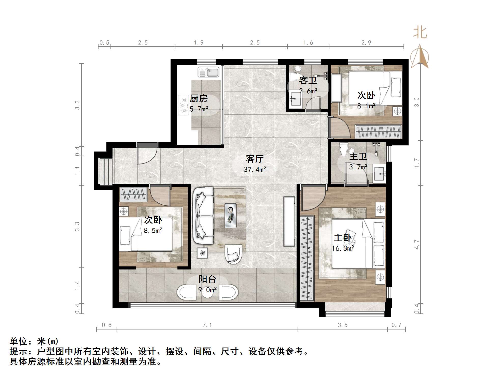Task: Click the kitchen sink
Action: tap(208, 72)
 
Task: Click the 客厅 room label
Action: tap(255, 159)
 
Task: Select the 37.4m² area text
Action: tap(255, 169)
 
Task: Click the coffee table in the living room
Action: tap(230, 215)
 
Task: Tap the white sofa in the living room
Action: tap(203, 216)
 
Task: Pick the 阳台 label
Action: tap(207, 279)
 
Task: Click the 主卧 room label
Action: tap(343, 238)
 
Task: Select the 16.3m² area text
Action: tap(343, 248)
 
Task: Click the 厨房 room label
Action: tap(199, 98)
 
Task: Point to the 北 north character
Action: tap(420, 33)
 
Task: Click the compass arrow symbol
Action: tap(420, 56)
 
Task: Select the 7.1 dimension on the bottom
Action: tap(207, 325)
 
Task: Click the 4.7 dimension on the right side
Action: tap(416, 244)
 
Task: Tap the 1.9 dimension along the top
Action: tap(199, 43)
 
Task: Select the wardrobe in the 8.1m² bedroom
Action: tap(378, 132)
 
